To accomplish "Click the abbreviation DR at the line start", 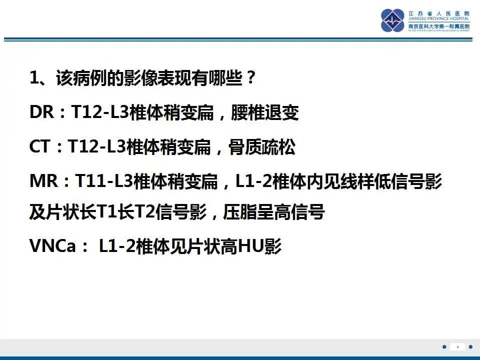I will tap(41, 113).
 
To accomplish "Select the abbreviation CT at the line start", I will tap(40, 147).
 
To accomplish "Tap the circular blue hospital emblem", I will tap(392, 20).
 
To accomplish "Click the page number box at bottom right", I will tap(457, 346).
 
